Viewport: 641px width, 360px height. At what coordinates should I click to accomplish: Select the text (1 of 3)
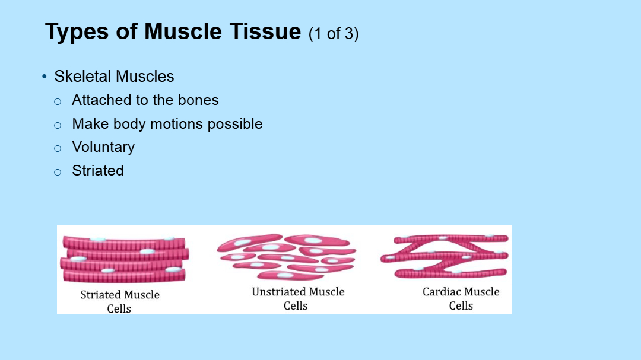click(334, 34)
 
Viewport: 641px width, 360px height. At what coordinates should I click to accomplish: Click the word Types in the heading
click(77, 32)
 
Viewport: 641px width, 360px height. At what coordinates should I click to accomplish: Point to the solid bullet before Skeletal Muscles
click(45, 77)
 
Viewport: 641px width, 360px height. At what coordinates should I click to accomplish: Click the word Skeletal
click(82, 77)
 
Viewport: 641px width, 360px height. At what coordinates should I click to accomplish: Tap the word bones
click(198, 100)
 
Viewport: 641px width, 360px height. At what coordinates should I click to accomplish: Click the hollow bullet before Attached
click(58, 101)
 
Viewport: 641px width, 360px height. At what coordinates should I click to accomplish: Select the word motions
click(177, 124)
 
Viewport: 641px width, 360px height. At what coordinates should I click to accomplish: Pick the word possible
click(235, 124)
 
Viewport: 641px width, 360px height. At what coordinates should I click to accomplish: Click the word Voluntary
click(103, 148)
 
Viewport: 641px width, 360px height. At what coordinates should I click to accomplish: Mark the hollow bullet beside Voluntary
click(58, 148)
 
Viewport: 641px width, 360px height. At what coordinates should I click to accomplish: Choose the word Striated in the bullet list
click(98, 171)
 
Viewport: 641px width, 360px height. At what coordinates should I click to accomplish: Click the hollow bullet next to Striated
click(58, 172)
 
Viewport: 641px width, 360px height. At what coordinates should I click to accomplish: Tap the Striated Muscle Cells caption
click(120, 301)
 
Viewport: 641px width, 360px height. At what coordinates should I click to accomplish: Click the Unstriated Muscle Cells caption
click(298, 299)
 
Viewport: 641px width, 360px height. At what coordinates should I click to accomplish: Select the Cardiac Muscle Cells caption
click(461, 299)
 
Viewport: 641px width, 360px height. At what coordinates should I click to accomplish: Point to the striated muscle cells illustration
click(125, 259)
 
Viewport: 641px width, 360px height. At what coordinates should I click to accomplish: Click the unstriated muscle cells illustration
click(286, 257)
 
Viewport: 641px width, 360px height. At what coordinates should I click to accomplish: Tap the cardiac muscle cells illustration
click(445, 256)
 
